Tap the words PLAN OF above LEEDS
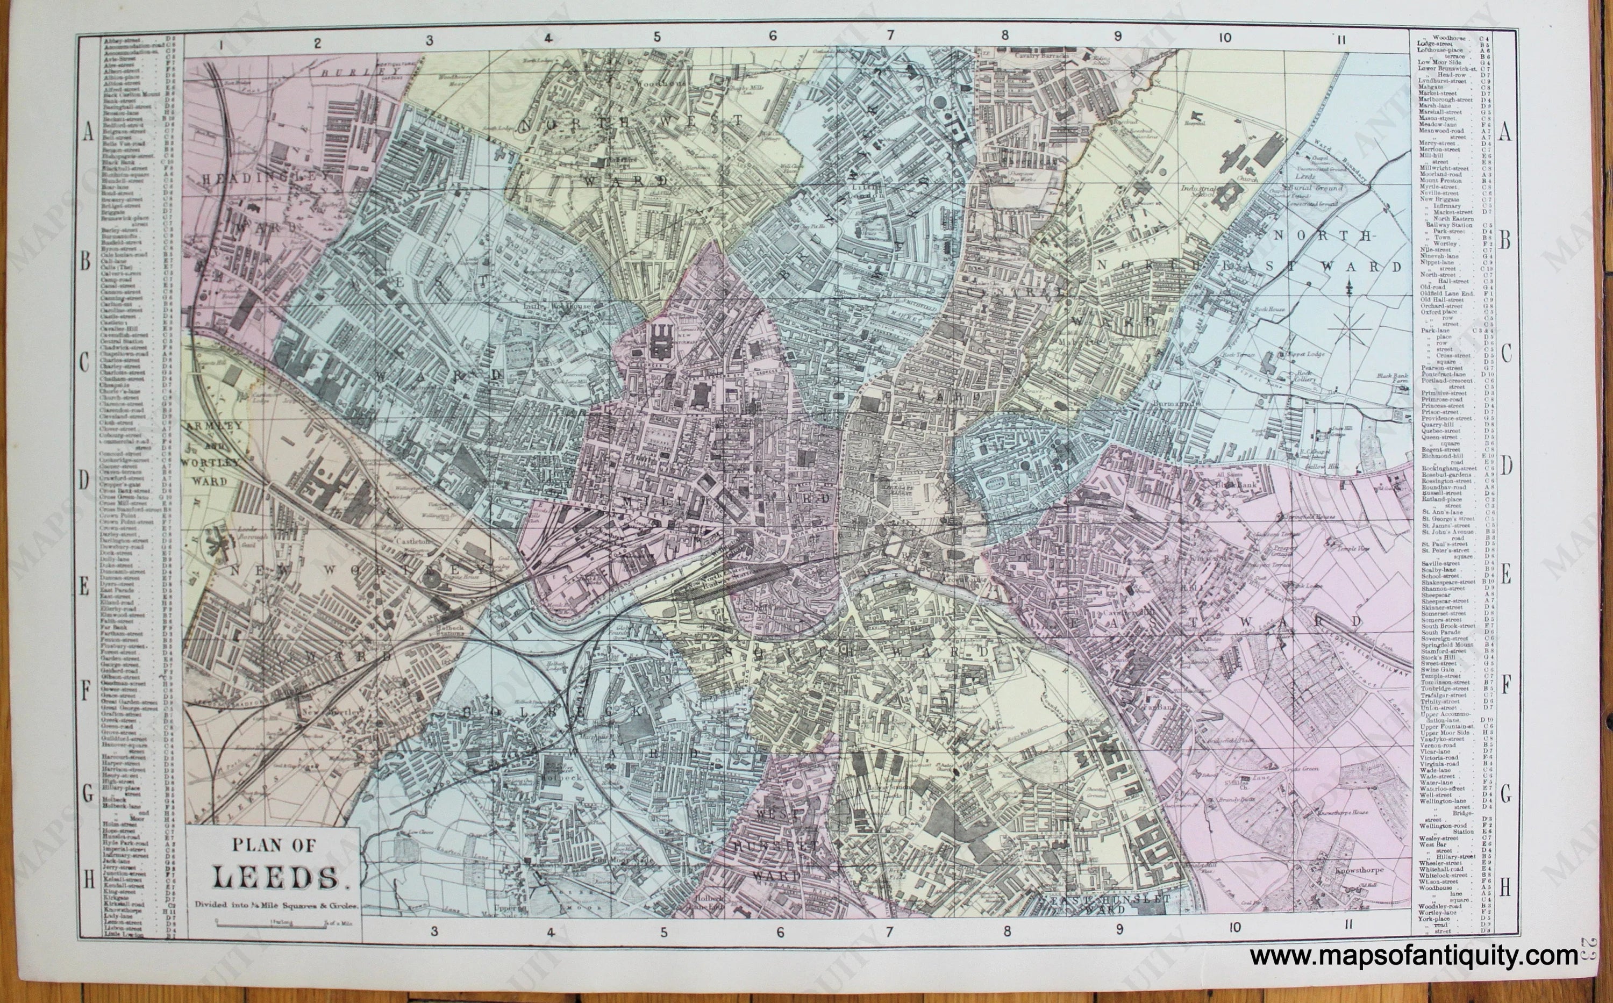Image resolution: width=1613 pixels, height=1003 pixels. coord(274,845)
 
